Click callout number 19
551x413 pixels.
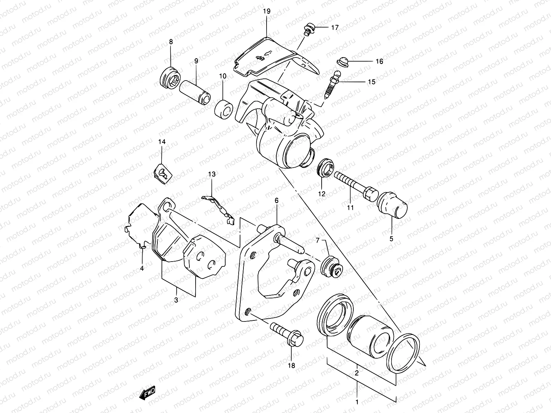(267, 11)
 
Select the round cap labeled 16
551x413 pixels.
(342, 61)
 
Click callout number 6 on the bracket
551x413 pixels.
(277, 201)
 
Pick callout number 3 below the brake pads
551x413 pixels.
(176, 300)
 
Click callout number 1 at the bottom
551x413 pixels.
(357, 402)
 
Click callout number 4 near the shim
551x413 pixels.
(142, 268)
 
